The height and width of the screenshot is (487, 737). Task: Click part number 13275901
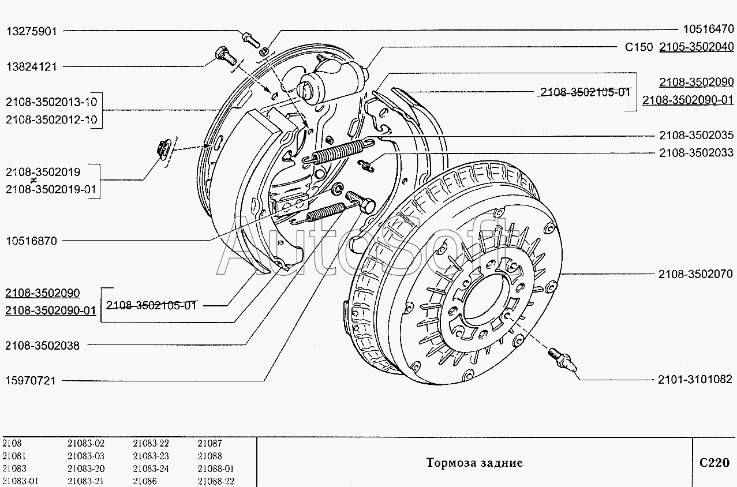[x=32, y=31]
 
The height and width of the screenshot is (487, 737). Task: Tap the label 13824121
[x=32, y=66]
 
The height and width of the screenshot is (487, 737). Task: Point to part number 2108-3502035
[x=696, y=136]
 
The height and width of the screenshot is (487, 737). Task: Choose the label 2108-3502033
[x=696, y=153]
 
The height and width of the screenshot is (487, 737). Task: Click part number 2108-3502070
[x=696, y=275]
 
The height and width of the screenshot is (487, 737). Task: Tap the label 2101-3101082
[x=695, y=379]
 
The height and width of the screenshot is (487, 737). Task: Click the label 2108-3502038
[x=42, y=346]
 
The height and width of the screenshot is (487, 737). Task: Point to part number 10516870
[x=31, y=241]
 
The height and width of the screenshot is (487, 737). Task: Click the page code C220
[x=714, y=462]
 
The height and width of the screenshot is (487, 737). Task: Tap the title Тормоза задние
[x=474, y=463]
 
